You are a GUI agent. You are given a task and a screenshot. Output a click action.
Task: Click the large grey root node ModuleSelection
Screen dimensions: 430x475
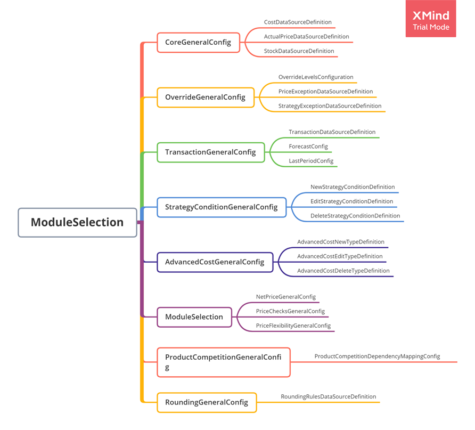pyautogui.click(x=77, y=222)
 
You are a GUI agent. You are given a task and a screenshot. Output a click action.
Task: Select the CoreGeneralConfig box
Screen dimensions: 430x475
pyautogui.click(x=198, y=43)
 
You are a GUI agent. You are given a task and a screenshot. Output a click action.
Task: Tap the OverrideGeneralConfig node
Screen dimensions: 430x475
pyautogui.click(x=206, y=98)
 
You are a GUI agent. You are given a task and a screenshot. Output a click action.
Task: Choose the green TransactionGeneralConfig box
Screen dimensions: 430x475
pyautogui.click(x=210, y=152)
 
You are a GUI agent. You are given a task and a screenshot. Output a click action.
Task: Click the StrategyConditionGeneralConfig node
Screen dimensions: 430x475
pyautogui.click(x=222, y=207)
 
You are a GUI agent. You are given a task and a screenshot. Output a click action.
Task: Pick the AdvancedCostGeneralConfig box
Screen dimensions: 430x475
pyautogui.click(x=215, y=262)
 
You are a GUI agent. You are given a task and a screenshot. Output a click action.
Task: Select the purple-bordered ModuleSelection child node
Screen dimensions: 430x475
pyautogui.click(x=194, y=317)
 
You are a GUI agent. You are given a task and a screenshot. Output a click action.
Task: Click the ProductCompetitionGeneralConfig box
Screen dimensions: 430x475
pyautogui.click(x=224, y=362)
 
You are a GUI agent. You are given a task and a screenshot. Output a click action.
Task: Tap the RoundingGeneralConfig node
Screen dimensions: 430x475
pyautogui.click(x=207, y=402)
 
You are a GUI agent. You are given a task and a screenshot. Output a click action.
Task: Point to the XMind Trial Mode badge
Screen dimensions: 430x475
pyautogui.click(x=431, y=19)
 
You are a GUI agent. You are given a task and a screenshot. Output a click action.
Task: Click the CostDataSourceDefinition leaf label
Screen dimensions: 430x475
pyautogui.click(x=298, y=22)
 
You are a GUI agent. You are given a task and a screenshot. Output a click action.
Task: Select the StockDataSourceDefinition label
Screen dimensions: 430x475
pyautogui.click(x=299, y=51)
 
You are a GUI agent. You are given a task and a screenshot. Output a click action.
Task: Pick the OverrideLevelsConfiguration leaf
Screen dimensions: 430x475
pyautogui.click(x=316, y=77)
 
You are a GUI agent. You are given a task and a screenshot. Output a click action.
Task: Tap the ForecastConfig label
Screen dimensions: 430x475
pyautogui.click(x=308, y=147)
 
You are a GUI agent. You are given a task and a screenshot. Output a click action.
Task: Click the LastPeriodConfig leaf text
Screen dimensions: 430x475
pyautogui.click(x=311, y=161)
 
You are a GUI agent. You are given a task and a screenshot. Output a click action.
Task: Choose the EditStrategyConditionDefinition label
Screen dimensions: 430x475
pyautogui.click(x=352, y=201)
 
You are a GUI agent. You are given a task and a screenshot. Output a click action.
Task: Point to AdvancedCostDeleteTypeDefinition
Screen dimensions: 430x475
pyautogui.click(x=343, y=271)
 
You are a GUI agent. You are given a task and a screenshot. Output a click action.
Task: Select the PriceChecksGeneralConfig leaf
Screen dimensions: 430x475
pyautogui.click(x=290, y=311)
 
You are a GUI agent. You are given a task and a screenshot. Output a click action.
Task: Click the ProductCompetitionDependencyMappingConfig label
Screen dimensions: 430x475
pyautogui.click(x=377, y=356)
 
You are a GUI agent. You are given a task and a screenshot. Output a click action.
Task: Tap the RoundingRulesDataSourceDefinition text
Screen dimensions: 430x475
pyautogui.click(x=329, y=396)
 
